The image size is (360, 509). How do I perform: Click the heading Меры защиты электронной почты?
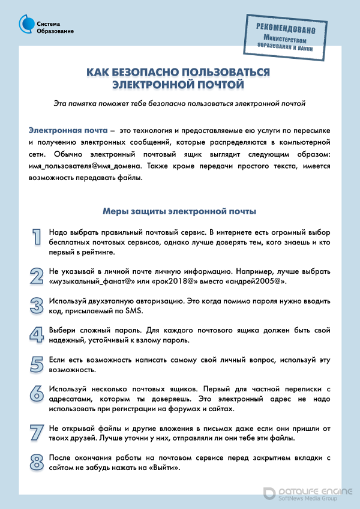coord(179,211)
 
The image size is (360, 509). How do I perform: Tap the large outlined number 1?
coord(37,236)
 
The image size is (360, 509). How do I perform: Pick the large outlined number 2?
coord(37,276)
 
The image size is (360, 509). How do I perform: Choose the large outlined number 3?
coord(37,304)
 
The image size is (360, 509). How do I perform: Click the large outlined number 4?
coord(37,335)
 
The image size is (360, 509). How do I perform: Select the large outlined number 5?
coord(37,364)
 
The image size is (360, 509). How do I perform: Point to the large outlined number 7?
coord(37,433)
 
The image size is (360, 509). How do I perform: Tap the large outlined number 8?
coord(37,462)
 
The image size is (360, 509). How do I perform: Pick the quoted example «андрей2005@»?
coord(253,281)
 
